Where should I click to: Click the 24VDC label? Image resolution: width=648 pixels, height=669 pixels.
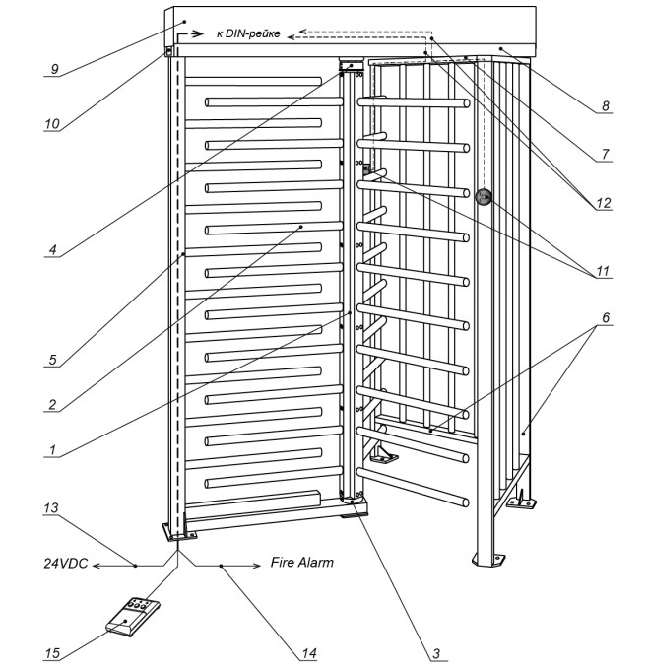pos(70,565)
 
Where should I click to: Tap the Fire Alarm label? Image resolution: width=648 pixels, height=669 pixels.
pos(302,564)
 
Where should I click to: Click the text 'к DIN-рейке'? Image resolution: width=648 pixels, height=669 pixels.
pos(248,34)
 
